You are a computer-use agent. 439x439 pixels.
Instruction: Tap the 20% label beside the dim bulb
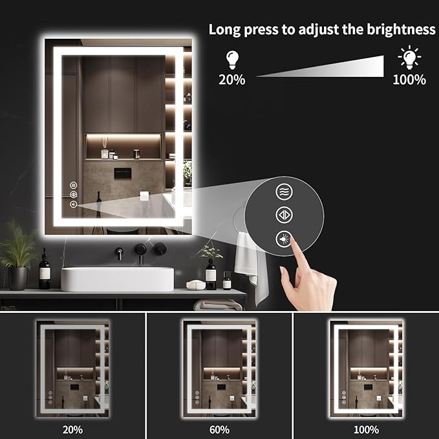[x=232, y=80]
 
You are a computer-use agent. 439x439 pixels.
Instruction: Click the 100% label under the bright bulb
[x=409, y=80]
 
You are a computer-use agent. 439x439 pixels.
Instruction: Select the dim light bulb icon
[x=232, y=60]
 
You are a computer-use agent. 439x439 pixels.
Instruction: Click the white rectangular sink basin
[x=118, y=279]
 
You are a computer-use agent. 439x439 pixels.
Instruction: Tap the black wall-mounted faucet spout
[x=120, y=250]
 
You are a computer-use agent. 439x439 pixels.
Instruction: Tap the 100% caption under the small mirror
[x=366, y=429]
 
